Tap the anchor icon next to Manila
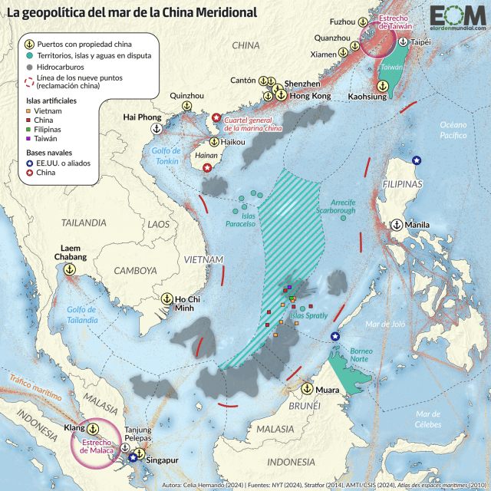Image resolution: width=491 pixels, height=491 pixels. pyautogui.click(x=397, y=225)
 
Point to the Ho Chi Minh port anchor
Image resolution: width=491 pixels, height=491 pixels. pyautogui.click(x=166, y=297)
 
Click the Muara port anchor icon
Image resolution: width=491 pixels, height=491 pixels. pyautogui.click(x=307, y=388)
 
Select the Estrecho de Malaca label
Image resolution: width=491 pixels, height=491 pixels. pyautogui.click(x=94, y=446)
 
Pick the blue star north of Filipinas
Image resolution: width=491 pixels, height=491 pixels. pyautogui.click(x=417, y=160)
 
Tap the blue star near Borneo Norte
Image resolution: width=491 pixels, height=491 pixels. pyautogui.click(x=334, y=337)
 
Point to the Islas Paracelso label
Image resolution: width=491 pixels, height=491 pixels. pyautogui.click(x=240, y=219)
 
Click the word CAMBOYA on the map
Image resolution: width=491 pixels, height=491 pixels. pyautogui.click(x=135, y=271)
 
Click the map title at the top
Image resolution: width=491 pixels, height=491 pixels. pyautogui.click(x=132, y=12)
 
